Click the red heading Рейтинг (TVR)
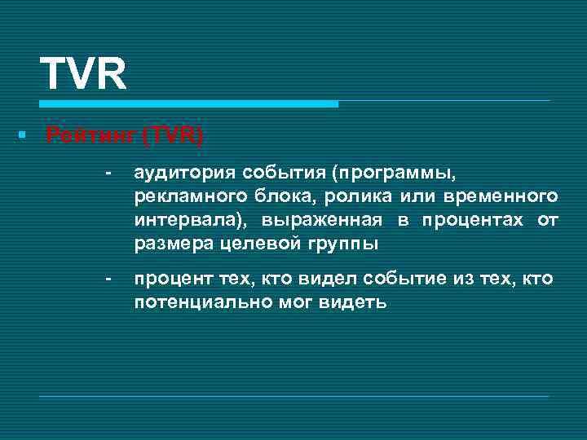(x=125, y=135)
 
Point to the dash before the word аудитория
(x=106, y=173)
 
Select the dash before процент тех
(x=106, y=279)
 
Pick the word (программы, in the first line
(x=398, y=173)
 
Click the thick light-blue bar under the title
(x=188, y=104)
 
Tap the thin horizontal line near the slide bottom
(x=293, y=397)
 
